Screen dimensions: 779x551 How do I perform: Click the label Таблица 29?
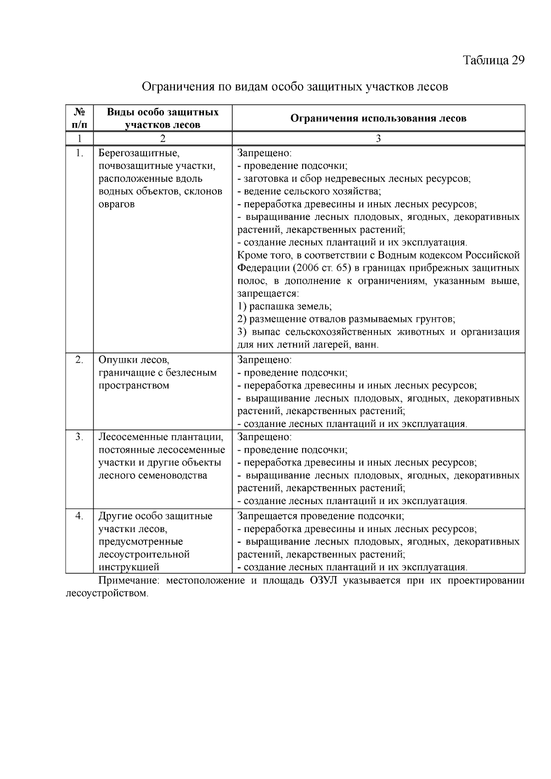(493, 61)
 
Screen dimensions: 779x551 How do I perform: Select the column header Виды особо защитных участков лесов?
(163, 118)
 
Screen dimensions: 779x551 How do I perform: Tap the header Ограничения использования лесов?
(378, 118)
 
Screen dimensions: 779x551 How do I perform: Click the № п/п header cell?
(79, 118)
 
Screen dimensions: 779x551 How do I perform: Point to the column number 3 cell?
(378, 139)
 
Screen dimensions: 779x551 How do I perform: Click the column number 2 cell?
(163, 139)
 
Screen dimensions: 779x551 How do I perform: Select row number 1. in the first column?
(79, 153)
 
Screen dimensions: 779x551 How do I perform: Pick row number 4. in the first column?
(79, 516)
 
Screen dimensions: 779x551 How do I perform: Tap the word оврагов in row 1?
(117, 204)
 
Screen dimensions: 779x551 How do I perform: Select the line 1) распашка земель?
(285, 306)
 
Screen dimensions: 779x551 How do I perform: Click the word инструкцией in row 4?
(129, 567)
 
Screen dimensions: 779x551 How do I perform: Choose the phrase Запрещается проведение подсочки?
(320, 516)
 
